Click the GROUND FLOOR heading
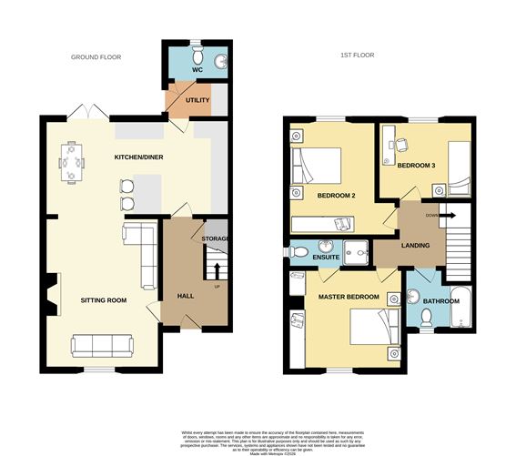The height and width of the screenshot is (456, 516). coord(96,56)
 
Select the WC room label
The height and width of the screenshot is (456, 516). coord(197,70)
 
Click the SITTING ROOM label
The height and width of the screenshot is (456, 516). coord(103,299)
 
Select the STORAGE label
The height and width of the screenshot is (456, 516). coord(215,238)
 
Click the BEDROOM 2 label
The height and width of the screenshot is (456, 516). coord(335,195)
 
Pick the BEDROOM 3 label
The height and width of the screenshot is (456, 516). coord(422,164)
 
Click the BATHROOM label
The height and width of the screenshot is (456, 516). coord(440,300)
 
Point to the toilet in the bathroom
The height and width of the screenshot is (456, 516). coord(426,315)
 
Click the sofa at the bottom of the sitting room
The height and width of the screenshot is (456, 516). coord(102,345)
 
